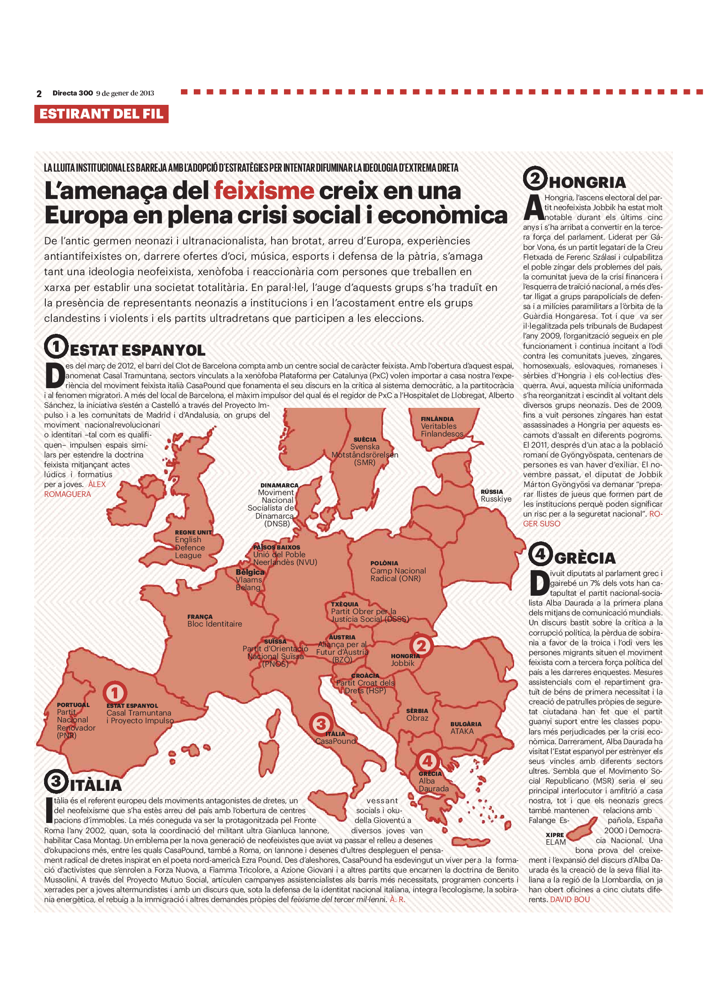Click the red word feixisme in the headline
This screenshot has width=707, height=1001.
[x=263, y=191]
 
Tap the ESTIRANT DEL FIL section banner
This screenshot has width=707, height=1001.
[x=101, y=114]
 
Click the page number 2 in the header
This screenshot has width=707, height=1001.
[x=39, y=94]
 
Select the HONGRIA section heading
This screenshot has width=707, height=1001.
[x=587, y=182]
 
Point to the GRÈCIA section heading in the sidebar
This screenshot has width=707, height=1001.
[x=585, y=558]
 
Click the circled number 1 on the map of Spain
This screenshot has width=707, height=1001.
[x=115, y=692]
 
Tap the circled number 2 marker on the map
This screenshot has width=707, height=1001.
[x=421, y=646]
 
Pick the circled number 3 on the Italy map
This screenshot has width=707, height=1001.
[x=321, y=724]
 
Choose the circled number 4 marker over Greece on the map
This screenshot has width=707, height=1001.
[x=427, y=761]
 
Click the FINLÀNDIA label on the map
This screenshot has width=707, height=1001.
[x=437, y=419]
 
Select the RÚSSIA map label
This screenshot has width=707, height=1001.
[x=491, y=491]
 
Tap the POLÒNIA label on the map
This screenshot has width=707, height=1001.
[x=384, y=563]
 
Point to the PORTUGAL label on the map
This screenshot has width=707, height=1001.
[x=73, y=705]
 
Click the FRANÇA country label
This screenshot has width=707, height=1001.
[x=200, y=616]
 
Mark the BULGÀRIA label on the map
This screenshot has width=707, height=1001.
[x=466, y=724]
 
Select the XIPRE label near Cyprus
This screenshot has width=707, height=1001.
[x=555, y=835]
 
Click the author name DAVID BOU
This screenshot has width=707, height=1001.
[x=570, y=900]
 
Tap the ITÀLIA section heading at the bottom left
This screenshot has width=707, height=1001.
[x=95, y=785]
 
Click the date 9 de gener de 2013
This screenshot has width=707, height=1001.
[x=125, y=93]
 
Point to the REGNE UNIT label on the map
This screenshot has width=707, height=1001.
[x=193, y=532]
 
